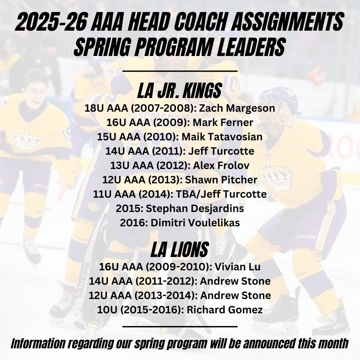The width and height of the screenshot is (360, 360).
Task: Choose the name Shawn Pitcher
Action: click(221, 180)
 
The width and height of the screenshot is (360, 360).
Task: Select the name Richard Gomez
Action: click(225, 310)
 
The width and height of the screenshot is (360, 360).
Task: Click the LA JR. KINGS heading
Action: click(180, 91)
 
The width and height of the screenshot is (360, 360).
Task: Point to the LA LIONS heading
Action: click(180, 249)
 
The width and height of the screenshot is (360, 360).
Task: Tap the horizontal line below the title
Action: click(180, 71)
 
